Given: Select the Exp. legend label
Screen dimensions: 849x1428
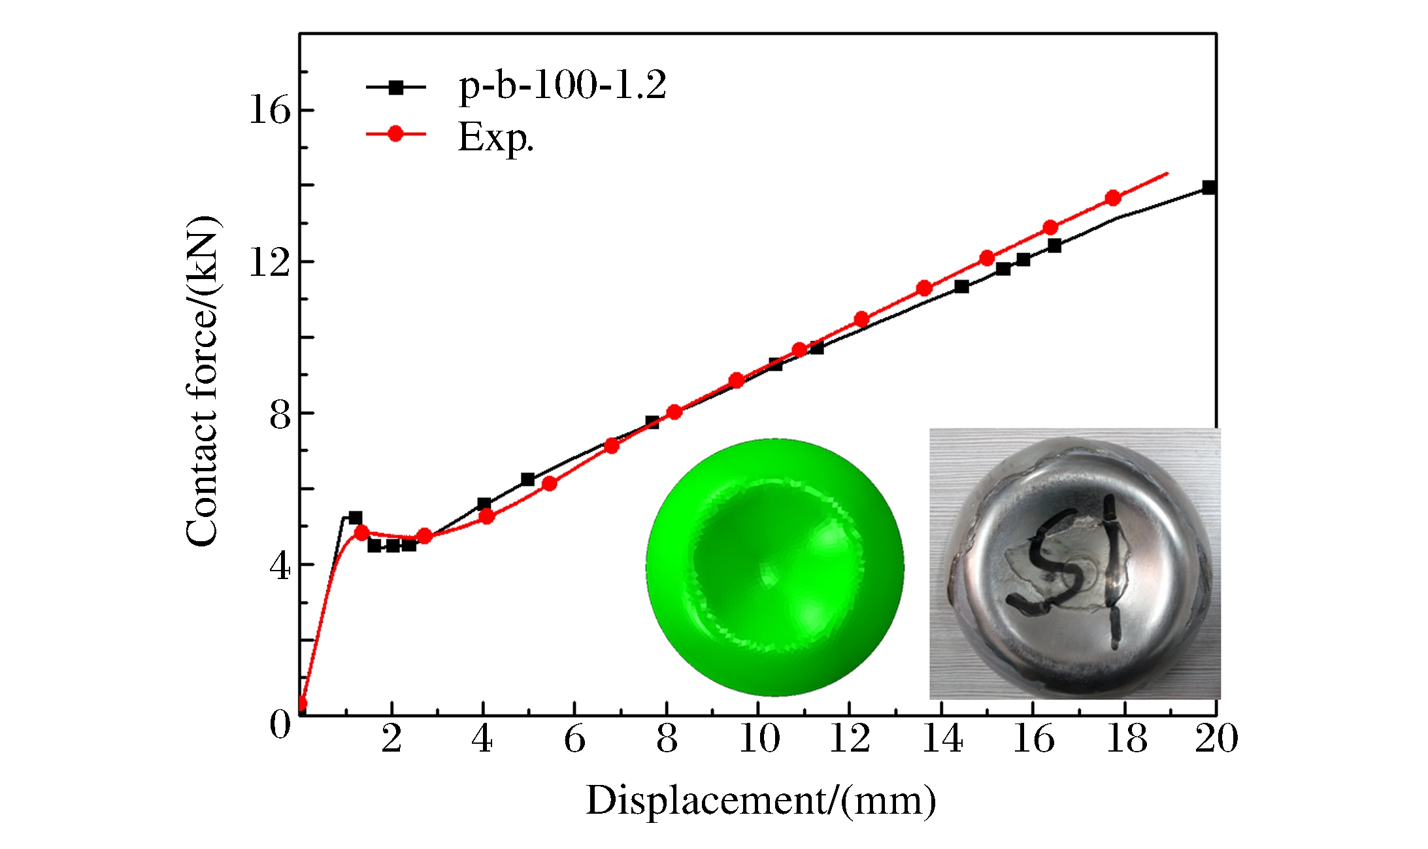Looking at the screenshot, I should (495, 137).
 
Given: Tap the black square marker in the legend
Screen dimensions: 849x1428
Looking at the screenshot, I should (395, 87).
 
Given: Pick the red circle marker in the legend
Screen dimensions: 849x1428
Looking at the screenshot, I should (395, 134).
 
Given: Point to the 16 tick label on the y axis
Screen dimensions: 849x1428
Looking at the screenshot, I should (269, 110).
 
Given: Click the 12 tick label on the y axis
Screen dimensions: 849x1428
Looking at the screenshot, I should (269, 262).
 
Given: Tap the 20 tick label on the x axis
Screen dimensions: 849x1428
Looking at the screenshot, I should (1216, 739).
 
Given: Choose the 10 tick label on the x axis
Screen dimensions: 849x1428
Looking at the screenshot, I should (759, 739).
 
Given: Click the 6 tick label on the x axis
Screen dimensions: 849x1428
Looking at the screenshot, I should (574, 739).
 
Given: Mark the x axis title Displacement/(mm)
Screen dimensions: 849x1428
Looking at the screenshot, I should (761, 800).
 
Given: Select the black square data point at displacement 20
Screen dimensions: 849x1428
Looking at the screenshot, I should (1209, 188).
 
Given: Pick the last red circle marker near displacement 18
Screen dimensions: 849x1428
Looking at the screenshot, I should (1113, 198).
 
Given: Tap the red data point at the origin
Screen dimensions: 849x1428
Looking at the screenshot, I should (301, 705).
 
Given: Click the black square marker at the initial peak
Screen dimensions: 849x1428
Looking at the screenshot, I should (355, 518).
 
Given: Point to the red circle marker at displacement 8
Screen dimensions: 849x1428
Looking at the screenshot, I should (674, 412).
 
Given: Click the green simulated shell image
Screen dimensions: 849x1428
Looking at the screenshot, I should (775, 567).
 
